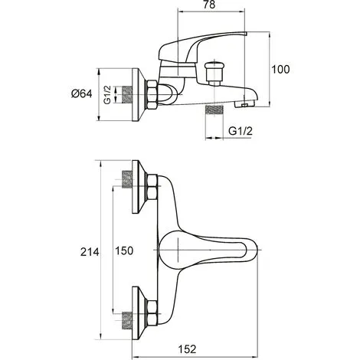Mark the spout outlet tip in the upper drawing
coord(246,100)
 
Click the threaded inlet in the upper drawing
coord(125,95)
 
